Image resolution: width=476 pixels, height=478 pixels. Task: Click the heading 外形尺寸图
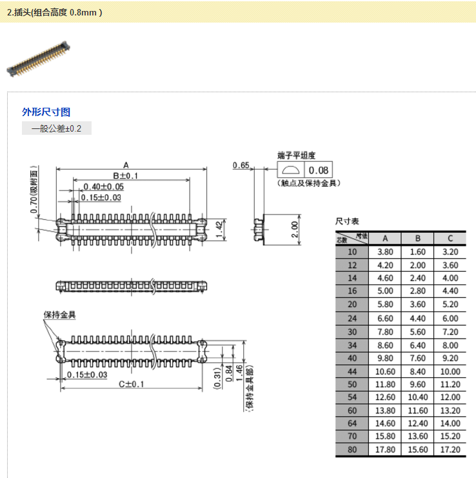pos(46,112)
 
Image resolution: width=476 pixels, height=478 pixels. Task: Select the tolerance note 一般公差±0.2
pos(57,128)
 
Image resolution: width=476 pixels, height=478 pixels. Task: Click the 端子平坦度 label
pos(297,155)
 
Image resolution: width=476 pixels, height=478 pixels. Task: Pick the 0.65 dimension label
pos(241,166)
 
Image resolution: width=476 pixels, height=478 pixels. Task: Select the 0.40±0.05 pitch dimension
pos(103,186)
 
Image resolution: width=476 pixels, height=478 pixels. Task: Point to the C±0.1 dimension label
pos(132,384)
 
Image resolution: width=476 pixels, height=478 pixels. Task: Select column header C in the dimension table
pos(450,237)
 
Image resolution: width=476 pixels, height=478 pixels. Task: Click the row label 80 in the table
pos(352,449)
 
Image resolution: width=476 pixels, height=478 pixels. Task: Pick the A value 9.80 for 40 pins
pos(385,358)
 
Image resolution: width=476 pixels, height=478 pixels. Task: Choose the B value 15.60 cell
pos(417,449)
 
